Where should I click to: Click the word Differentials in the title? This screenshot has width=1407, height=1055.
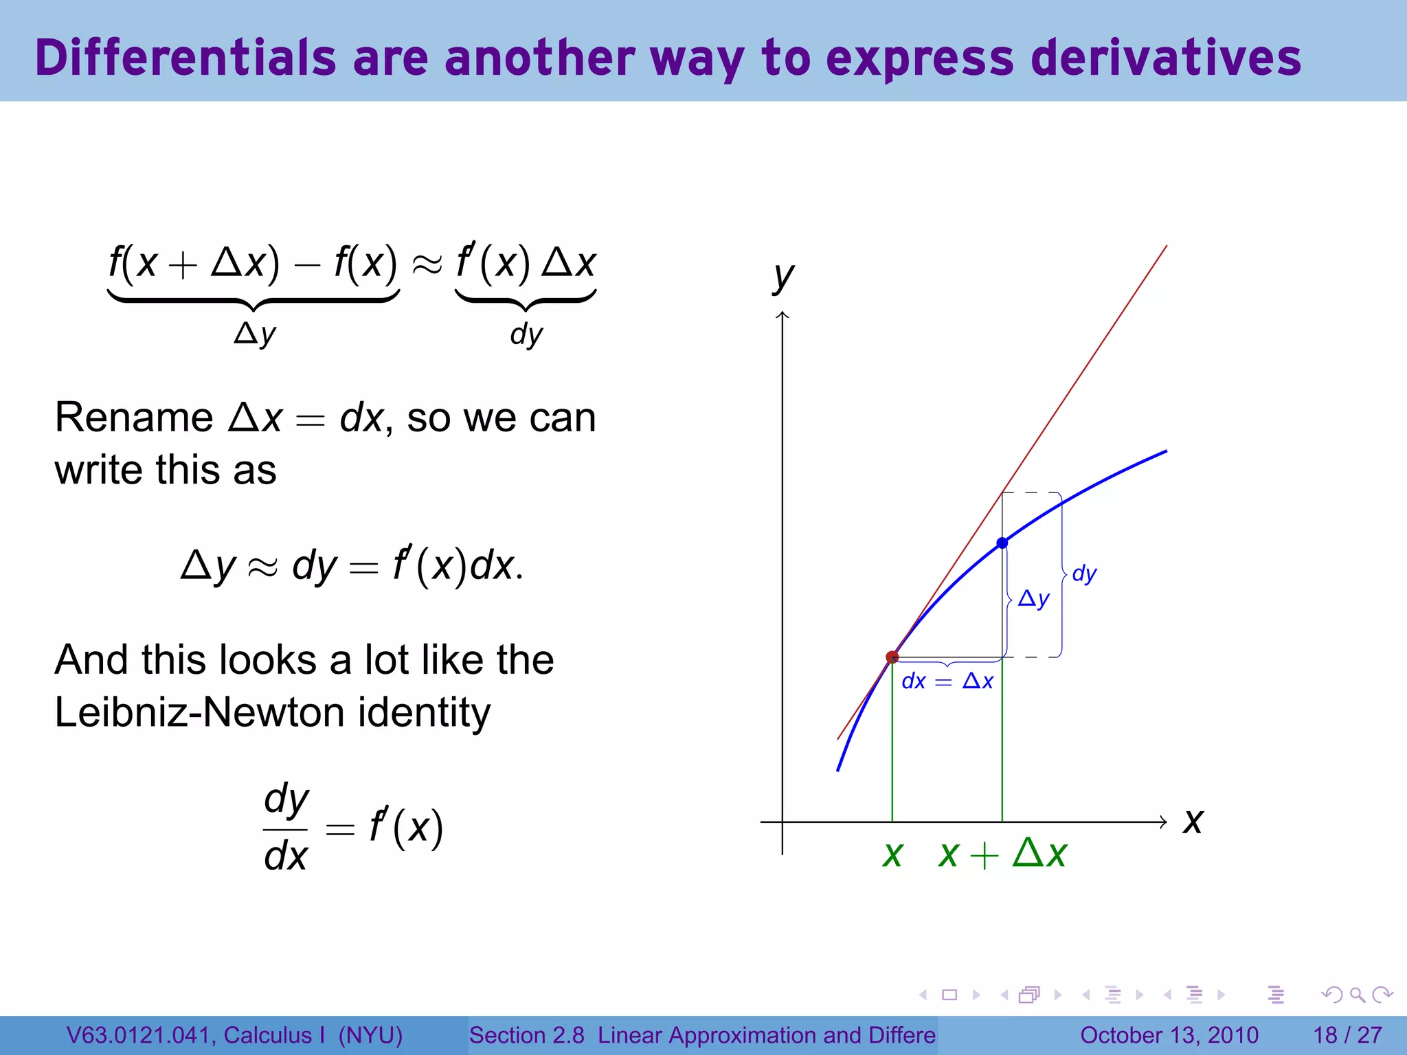coord(185,58)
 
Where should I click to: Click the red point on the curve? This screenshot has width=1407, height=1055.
coord(892,657)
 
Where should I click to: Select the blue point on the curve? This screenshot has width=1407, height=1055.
coord(1002,543)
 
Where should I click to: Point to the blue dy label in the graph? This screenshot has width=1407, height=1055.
coord(1084,574)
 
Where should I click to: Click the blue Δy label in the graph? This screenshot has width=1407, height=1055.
coord(1033,599)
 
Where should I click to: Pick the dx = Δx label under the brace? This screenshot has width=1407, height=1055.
coord(947,681)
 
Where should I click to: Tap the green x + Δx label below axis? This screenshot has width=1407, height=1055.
coord(1002,854)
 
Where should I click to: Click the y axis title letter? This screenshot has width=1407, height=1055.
coord(783,276)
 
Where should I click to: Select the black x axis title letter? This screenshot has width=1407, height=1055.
coord(1193,821)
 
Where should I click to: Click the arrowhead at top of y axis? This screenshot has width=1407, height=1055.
coord(783,316)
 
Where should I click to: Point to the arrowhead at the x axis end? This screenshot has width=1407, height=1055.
coord(1163,821)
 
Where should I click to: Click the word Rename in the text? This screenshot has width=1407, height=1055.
coord(134,418)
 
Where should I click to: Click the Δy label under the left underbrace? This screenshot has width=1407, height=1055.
coord(255,334)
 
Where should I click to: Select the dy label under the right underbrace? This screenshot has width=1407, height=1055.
coord(526,334)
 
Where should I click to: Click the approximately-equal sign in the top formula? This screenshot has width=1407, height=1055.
coord(427,264)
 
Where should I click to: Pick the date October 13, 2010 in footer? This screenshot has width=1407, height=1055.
coord(1169,1035)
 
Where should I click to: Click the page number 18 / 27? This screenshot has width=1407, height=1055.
coord(1347,1035)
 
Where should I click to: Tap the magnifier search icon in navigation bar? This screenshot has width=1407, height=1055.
coord(1357,995)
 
